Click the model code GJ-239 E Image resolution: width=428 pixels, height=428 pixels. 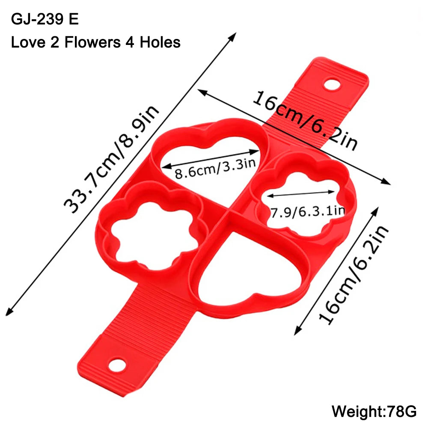pyautogui.click(x=45, y=19)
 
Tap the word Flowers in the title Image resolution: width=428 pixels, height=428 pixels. pyautogui.click(x=92, y=42)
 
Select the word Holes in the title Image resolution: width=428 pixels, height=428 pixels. pyautogui.click(x=160, y=42)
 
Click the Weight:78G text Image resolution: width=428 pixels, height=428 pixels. pyautogui.click(x=374, y=411)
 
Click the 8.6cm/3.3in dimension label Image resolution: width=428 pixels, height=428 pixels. pyautogui.click(x=215, y=168)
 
